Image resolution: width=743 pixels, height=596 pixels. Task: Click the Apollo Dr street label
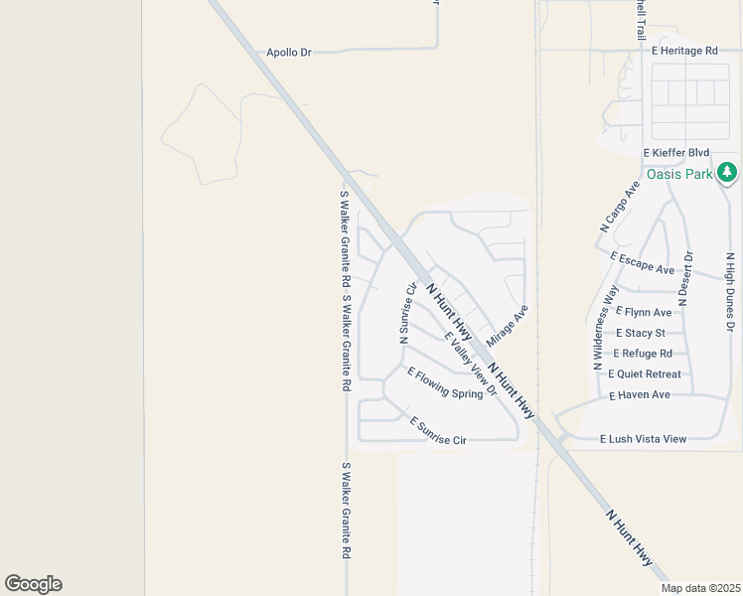(289, 52)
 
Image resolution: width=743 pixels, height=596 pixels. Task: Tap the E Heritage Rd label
(684, 50)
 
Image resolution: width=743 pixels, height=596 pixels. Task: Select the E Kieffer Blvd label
(676, 153)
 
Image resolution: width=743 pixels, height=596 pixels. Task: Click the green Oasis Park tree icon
(728, 174)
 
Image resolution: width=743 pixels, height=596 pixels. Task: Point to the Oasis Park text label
(680, 174)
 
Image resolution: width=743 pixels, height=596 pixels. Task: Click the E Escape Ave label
(642, 263)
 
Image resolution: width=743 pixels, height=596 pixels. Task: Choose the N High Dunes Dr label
(730, 291)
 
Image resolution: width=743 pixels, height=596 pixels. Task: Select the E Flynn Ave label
(644, 312)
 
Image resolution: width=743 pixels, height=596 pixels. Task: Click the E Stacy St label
(641, 333)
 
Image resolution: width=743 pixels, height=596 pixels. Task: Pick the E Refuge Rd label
(643, 354)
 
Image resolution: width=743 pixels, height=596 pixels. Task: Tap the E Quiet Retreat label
(644, 374)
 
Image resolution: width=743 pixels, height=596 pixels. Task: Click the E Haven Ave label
(640, 395)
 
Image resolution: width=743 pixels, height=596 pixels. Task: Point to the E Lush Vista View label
(643, 439)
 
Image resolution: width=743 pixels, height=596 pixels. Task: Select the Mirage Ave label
(508, 325)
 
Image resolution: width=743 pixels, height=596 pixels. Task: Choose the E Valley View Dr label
(470, 364)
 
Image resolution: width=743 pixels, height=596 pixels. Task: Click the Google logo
(33, 584)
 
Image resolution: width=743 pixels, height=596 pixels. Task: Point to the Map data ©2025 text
(700, 588)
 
